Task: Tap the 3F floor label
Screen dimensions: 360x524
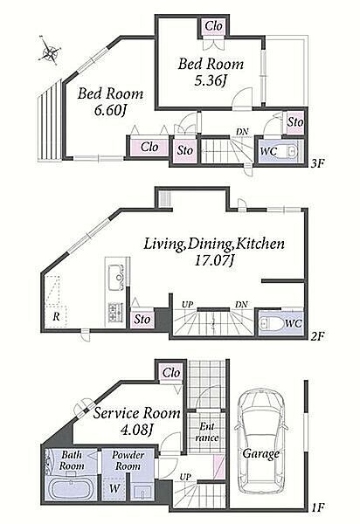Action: tap(317, 164)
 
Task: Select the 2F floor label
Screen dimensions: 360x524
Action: tap(317, 335)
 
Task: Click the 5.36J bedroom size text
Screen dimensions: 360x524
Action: tap(211, 80)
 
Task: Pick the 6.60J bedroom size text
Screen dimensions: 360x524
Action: tap(110, 111)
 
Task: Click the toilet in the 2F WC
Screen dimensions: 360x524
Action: tap(269, 323)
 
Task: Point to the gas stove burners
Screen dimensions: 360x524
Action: tap(115, 313)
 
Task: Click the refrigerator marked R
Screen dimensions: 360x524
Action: tap(56, 316)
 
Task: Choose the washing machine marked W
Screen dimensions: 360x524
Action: tap(114, 488)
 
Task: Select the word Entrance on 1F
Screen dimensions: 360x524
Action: tap(207, 432)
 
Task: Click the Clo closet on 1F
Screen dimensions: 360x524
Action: tap(171, 373)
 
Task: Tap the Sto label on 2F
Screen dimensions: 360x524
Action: tap(142, 319)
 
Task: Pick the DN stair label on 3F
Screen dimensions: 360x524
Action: tap(242, 131)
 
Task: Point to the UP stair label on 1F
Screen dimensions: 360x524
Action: tap(185, 477)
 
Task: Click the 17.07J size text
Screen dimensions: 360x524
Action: tap(214, 260)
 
